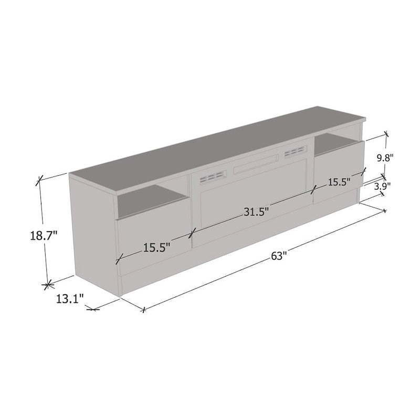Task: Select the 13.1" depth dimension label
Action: [x=70, y=299]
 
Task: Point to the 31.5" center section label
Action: [x=256, y=212]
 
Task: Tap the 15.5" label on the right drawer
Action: [x=339, y=183]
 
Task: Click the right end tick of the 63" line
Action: [x=385, y=211]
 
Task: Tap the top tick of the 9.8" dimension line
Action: [x=386, y=134]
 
